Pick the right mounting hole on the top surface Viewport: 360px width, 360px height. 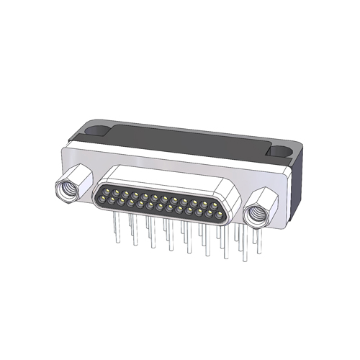pos(277,152)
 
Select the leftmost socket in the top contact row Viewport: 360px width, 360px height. pos(107,190)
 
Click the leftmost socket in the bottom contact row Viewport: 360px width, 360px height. pos(113,199)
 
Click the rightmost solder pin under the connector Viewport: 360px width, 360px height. pos(256,241)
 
